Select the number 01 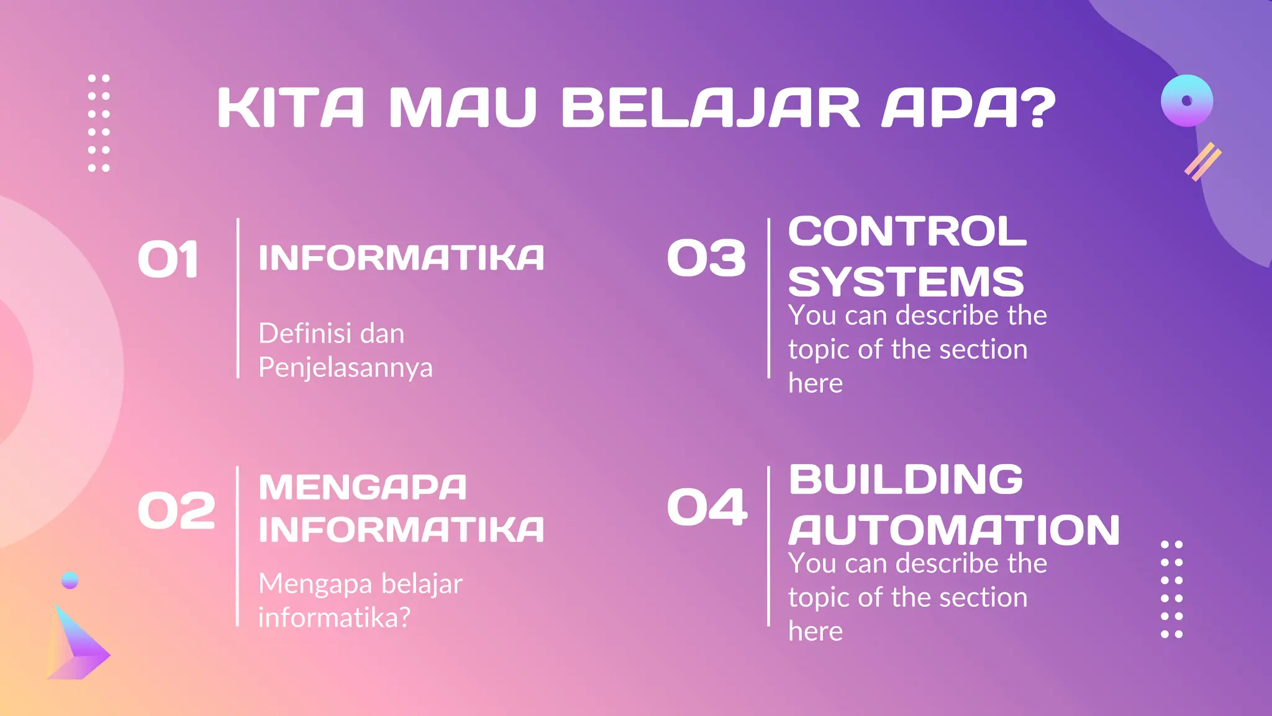point(168,260)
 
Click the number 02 point(176,511)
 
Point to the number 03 point(706,259)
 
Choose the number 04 point(707,507)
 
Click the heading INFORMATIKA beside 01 point(401,258)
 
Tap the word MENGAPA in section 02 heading point(362,487)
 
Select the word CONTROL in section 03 point(907,231)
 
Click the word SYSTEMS point(906,282)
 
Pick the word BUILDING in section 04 point(906,479)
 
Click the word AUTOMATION point(953,530)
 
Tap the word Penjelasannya point(345,367)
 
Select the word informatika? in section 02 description point(334,618)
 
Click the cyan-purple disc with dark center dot point(1187,101)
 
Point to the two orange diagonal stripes point(1202,162)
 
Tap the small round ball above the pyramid point(70,580)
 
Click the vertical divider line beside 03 point(769,298)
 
